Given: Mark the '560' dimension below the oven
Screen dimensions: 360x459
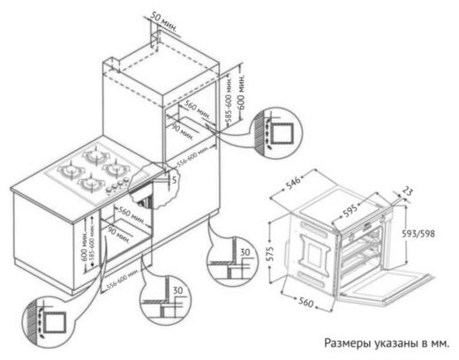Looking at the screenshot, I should [305, 304].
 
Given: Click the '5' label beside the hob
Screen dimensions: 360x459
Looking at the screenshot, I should [175, 179].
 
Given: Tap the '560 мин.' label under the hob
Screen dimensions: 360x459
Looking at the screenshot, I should [132, 212].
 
